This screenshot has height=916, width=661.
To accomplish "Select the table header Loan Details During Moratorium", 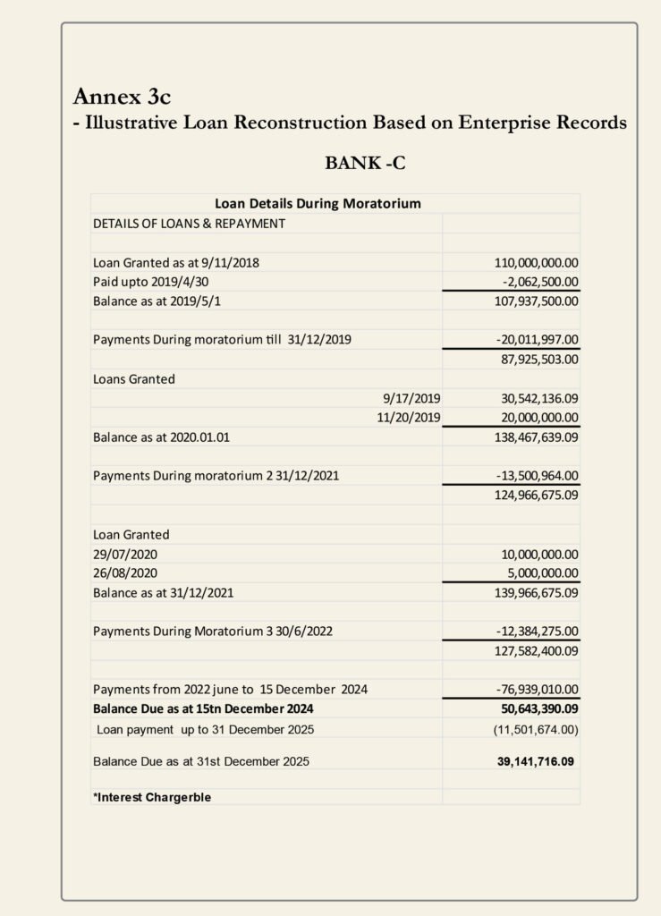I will tap(318, 204).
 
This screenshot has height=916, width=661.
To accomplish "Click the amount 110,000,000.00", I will tap(536, 263).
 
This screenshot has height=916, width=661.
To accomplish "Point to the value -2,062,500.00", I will tap(537, 282).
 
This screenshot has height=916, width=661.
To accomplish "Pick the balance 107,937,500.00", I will tap(536, 301).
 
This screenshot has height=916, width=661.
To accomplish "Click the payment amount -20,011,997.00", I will tap(537, 340).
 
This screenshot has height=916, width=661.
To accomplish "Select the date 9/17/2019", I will tap(411, 398).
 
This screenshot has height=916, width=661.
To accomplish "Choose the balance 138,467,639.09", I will tap(536, 438).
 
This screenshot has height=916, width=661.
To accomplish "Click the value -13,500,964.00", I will tap(537, 476).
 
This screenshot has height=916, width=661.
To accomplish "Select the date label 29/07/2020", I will tap(125, 554).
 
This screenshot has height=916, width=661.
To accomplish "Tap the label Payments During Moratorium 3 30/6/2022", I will tap(213, 631).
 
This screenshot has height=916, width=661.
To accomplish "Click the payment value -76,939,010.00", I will tap(537, 689).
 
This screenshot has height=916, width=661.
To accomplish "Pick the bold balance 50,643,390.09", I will tap(536, 708).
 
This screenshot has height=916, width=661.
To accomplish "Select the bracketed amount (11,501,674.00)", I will tap(536, 730).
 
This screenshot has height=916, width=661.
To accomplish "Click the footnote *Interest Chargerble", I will tap(152, 797).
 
